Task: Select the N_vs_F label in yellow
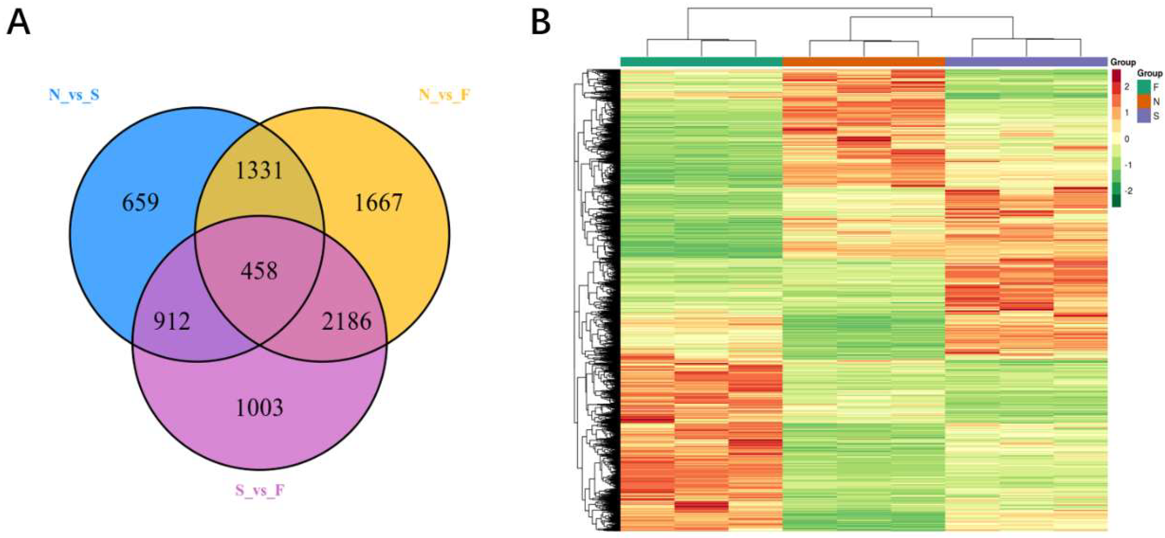[445, 95]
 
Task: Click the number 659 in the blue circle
[140, 203]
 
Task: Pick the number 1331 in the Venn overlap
[260, 171]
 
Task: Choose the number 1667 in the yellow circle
[378, 203]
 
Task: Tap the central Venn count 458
[259, 271]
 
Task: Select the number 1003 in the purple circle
[260, 408]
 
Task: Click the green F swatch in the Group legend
[1144, 87]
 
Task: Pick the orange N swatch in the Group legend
[1144, 102]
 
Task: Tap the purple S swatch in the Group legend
[1144, 116]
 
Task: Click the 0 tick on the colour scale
[1127, 139]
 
